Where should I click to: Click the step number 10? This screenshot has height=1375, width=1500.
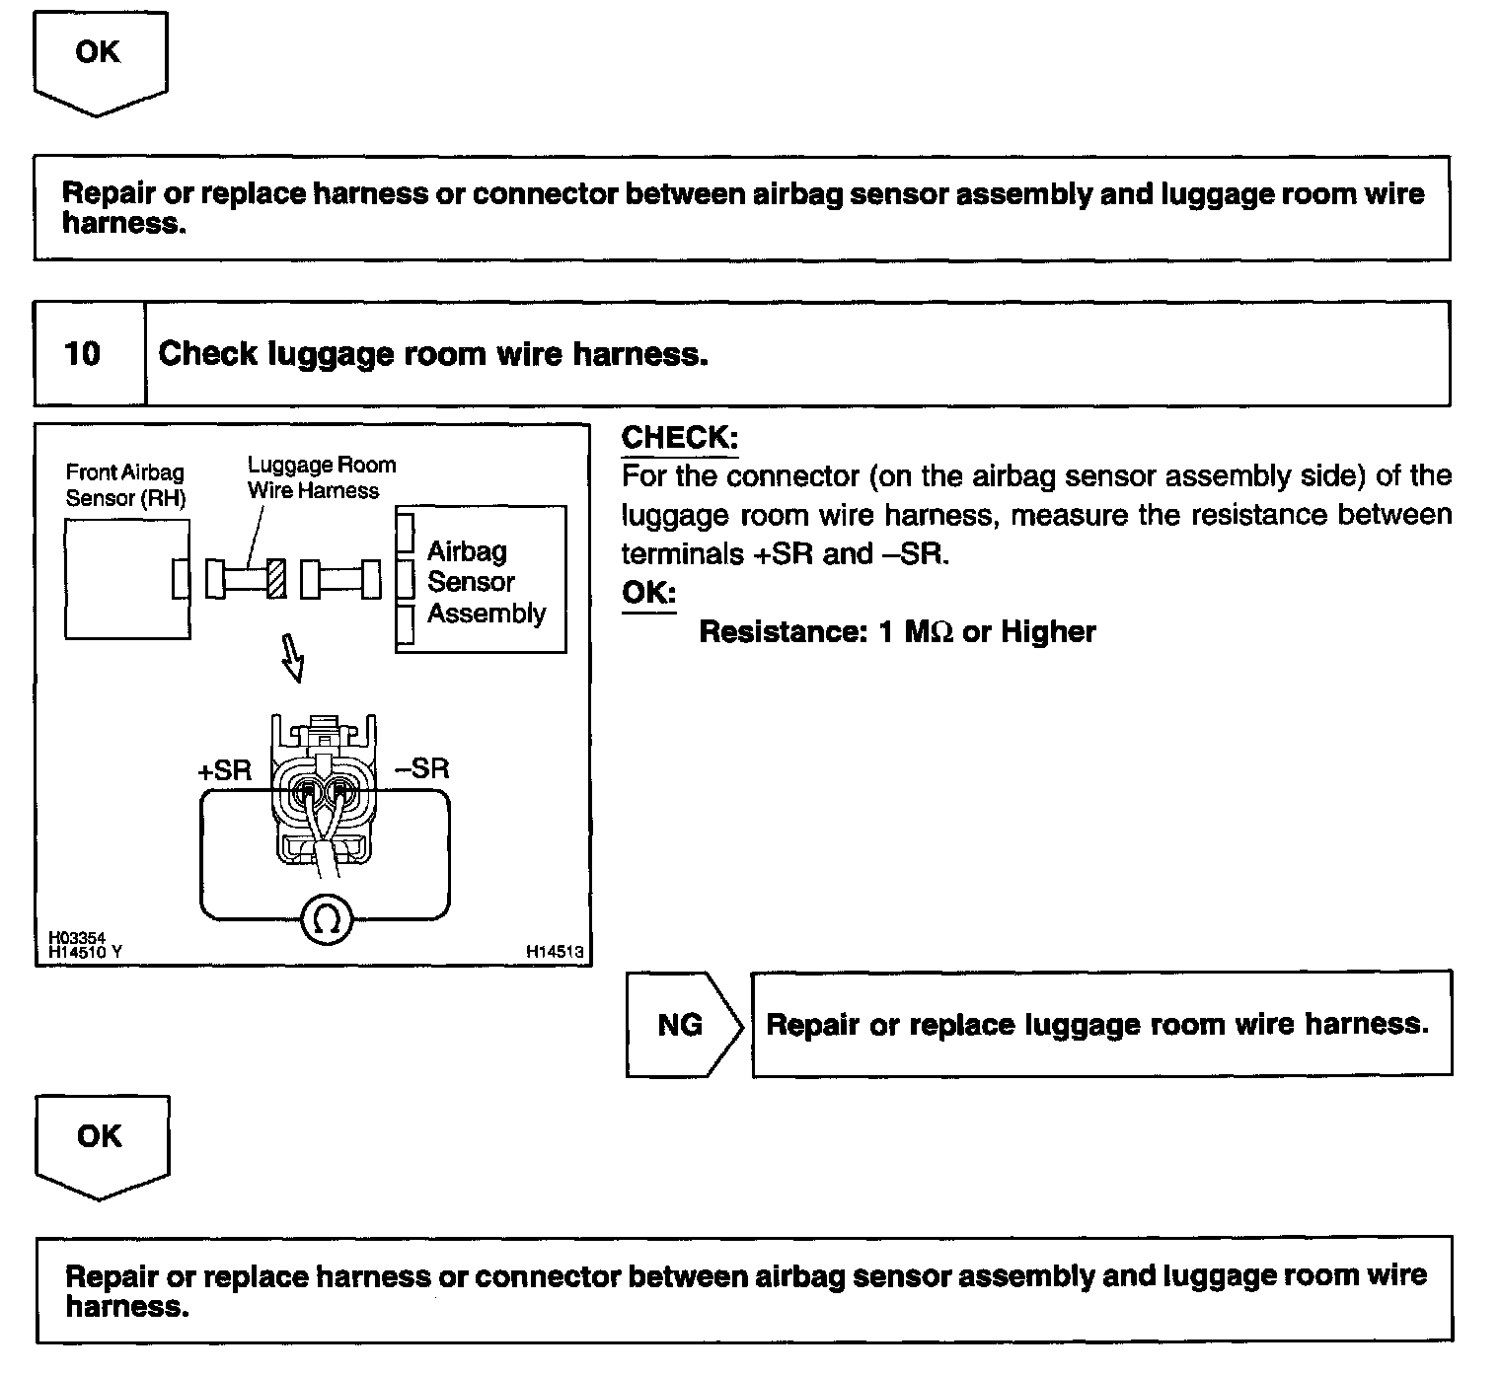point(83,354)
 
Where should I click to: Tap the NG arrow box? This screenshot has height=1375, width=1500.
point(682,1025)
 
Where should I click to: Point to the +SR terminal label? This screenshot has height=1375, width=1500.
point(225,770)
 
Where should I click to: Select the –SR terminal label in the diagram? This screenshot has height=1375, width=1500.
point(421,767)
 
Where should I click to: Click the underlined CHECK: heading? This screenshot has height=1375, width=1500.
point(679,438)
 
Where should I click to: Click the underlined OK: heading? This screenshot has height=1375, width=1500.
point(648,593)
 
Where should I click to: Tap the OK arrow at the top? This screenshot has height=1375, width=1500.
point(98,59)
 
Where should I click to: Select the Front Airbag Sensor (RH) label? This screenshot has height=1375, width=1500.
point(125,485)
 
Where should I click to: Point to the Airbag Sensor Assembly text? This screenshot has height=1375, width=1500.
point(485,582)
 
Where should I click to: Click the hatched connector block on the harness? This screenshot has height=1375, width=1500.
point(277,578)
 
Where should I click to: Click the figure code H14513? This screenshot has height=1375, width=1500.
point(555,952)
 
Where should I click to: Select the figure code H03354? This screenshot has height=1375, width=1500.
point(76,938)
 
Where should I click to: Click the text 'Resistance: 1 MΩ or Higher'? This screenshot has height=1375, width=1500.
point(897,632)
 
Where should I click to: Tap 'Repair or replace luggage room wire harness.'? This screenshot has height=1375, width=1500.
point(1097,1025)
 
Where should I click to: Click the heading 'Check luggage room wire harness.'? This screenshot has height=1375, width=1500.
point(433,354)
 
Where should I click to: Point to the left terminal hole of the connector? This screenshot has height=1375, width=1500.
point(309,789)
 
